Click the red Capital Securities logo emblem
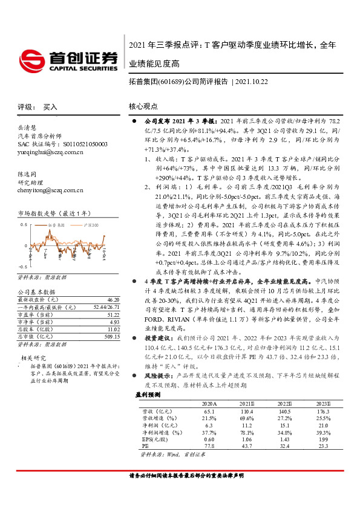coord(31,59)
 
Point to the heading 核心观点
coord(143,106)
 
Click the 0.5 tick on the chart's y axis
coord(24,225)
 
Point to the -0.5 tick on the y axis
coord(23,266)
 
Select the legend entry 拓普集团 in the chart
coord(61,225)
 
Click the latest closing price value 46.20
coord(112,299)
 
